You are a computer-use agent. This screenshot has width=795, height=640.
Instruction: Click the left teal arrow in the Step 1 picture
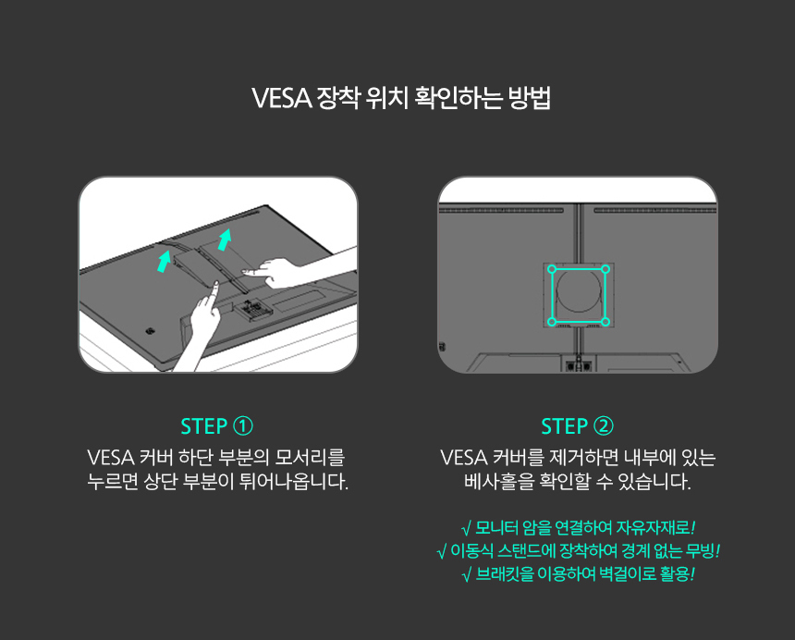(x=164, y=260)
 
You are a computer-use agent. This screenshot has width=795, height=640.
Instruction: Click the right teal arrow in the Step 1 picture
(x=223, y=240)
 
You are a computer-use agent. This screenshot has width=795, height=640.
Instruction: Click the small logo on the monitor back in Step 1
(x=150, y=329)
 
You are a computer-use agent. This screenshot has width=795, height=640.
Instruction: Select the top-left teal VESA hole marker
(x=552, y=270)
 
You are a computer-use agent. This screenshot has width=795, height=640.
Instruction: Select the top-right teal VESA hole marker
(x=605, y=270)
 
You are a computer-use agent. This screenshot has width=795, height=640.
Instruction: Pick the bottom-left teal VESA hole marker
(x=552, y=322)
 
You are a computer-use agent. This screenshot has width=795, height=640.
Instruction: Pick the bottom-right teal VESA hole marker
(x=605, y=322)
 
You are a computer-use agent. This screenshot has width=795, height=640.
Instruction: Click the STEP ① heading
(x=217, y=426)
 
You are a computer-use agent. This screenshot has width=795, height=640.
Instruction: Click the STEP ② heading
(x=577, y=426)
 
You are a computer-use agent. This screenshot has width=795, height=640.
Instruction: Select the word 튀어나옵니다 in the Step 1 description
(x=298, y=483)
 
